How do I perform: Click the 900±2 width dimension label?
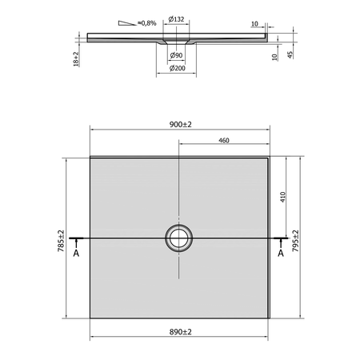click(x=181, y=125)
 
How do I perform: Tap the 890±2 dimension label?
click(x=181, y=332)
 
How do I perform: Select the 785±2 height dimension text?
click(x=61, y=241)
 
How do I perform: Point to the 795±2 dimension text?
click(x=295, y=241)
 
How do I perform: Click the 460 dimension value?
click(x=224, y=141)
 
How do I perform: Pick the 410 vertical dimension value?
click(x=282, y=197)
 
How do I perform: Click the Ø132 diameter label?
click(x=176, y=19)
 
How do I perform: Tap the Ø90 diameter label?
click(x=176, y=55)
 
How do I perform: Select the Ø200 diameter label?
click(x=178, y=68)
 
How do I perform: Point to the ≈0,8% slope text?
click(x=146, y=23)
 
